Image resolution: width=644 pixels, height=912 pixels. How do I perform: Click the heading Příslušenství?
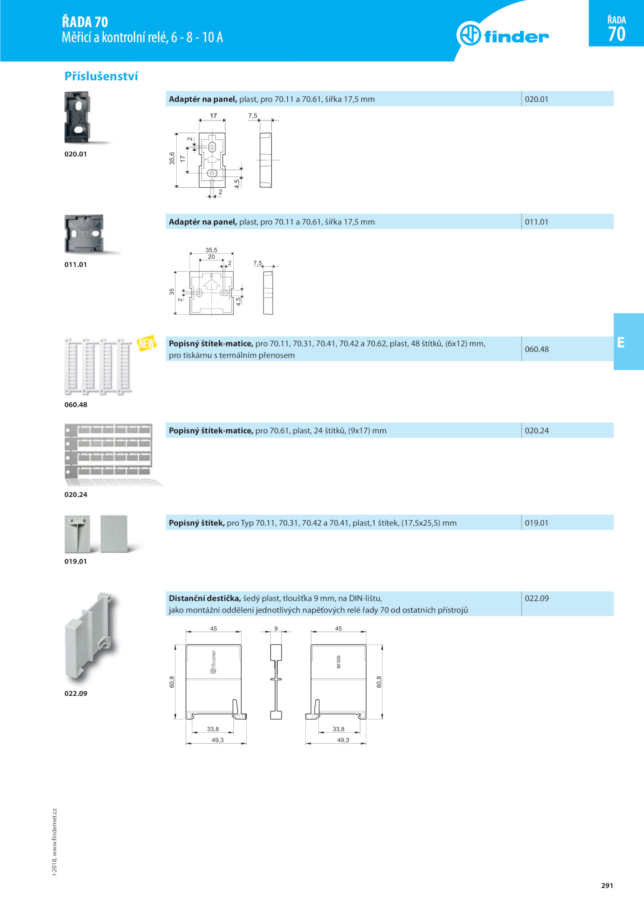[101, 76]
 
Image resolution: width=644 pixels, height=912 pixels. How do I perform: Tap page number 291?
[607, 885]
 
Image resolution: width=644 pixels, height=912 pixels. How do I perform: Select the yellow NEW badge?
[147, 343]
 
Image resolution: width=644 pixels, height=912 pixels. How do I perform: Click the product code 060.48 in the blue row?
[537, 349]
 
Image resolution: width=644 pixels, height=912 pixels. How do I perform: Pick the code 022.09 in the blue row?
[537, 598]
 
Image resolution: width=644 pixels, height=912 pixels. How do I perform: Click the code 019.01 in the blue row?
[537, 523]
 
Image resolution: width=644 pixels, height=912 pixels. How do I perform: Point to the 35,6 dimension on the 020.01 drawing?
[172, 158]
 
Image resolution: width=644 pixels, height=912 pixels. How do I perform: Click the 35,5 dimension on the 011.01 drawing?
[211, 250]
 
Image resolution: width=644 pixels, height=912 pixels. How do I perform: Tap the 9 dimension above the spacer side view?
[276, 628]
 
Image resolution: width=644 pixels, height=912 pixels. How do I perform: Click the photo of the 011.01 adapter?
[84, 234]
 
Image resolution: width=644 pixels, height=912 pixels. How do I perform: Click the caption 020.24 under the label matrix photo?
[76, 495]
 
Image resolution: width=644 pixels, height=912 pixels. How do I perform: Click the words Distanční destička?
[205, 598]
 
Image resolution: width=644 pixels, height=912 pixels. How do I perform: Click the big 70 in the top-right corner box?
[617, 34]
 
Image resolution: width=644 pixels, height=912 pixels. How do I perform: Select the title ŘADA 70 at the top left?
[85, 22]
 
